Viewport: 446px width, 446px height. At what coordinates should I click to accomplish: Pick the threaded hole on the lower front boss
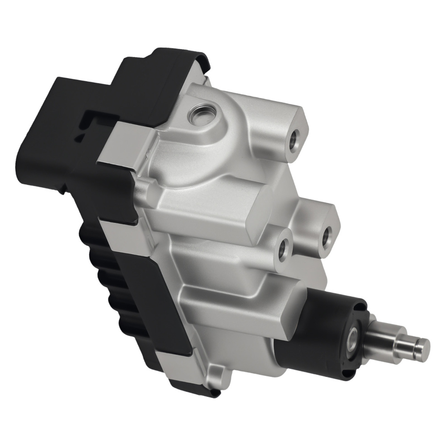(x=283, y=252)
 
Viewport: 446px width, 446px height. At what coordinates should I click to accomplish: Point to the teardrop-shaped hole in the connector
(x=80, y=136)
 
